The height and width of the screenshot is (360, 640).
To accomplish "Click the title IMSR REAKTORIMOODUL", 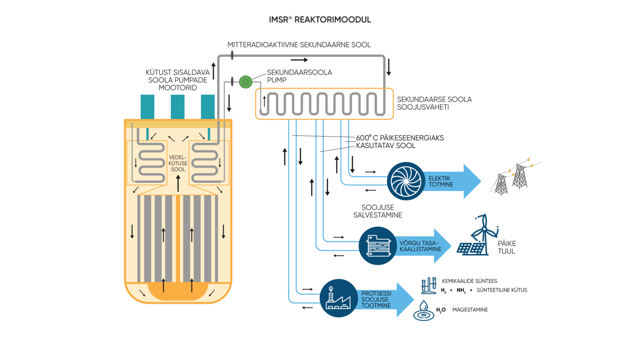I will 320,20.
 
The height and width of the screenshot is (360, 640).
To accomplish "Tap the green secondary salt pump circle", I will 245,82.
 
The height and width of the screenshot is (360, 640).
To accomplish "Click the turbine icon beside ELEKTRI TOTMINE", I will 406,181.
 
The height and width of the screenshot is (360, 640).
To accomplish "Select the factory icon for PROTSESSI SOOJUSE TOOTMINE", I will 338,298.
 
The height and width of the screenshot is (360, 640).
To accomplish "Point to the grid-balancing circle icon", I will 378,246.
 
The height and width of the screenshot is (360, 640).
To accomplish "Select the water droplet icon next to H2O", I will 424,311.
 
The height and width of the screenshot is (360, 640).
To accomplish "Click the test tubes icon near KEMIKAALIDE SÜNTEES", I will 428,286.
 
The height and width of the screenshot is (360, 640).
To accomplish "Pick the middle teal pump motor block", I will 177,107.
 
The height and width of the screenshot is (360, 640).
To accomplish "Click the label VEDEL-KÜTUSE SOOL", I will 178,164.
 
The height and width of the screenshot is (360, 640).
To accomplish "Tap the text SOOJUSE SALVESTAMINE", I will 378,211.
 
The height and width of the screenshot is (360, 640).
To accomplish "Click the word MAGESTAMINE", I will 470,310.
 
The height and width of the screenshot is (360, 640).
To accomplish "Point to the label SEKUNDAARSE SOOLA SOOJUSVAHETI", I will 434,103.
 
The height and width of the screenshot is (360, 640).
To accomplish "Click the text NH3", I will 461,291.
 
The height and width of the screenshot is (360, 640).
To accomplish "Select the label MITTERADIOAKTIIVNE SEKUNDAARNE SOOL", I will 299,45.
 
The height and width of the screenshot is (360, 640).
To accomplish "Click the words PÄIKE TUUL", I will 507,248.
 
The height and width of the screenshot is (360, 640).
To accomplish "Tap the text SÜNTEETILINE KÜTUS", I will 501,290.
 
